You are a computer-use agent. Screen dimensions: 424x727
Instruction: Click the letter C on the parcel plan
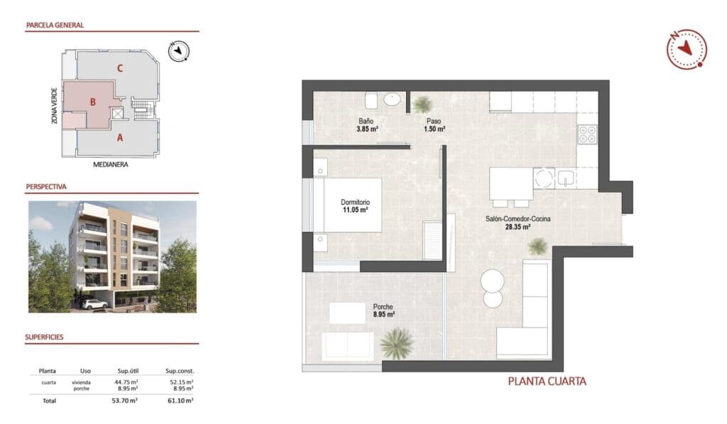pyautogui.click(x=121, y=68)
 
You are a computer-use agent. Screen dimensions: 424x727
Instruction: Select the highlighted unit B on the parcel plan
pyautogui.click(x=92, y=102)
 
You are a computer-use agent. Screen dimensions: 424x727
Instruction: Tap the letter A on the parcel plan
pyautogui.click(x=120, y=138)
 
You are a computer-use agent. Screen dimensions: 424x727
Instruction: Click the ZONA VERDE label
pyautogui.click(x=55, y=105)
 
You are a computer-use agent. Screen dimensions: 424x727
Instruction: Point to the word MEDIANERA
pyautogui.click(x=114, y=164)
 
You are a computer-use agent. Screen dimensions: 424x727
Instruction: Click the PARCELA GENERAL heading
pyautogui.click(x=55, y=25)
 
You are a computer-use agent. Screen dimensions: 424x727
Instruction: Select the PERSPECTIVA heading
pyautogui.click(x=46, y=187)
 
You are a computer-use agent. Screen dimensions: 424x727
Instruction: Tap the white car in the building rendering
pyautogui.click(x=94, y=303)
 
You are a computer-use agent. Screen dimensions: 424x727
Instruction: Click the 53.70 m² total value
pyautogui.click(x=126, y=401)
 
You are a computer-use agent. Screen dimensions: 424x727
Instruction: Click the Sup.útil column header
pyautogui.click(x=127, y=371)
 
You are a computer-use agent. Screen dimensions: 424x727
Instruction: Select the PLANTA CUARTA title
pyautogui.click(x=547, y=381)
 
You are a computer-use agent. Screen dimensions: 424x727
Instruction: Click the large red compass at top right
pyautogui.click(x=687, y=48)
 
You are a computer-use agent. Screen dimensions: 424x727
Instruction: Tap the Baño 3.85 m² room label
pyautogui.click(x=366, y=125)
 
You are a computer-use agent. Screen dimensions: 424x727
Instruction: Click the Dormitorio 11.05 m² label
pyautogui.click(x=354, y=206)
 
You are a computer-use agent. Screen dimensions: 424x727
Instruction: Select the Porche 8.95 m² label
pyautogui.click(x=383, y=310)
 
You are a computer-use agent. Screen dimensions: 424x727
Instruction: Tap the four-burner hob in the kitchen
pyautogui.click(x=586, y=134)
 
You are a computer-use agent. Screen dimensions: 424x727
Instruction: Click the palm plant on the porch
pyautogui.click(x=396, y=343)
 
